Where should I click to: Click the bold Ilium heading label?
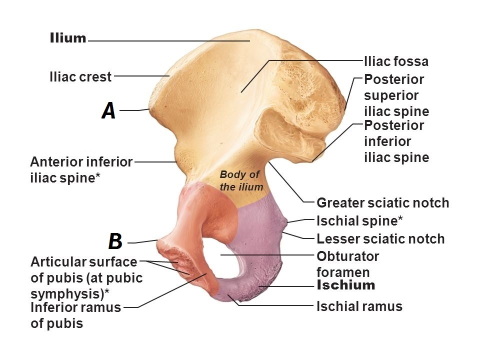pyautogui.click(x=68, y=38)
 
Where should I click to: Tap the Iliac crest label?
pyautogui.click(x=80, y=77)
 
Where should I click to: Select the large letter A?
pyautogui.click(x=108, y=110)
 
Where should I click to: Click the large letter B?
pyautogui.click(x=115, y=241)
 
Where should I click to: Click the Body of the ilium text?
pyautogui.click(x=240, y=180)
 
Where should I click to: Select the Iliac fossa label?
pyautogui.click(x=396, y=61)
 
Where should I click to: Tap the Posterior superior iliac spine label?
pyautogui.click(x=396, y=95)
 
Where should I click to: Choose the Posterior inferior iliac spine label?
pyautogui.click(x=396, y=141)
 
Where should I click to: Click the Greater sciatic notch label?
pyautogui.click(x=383, y=203)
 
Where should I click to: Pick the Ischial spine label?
pyautogui.click(x=360, y=220)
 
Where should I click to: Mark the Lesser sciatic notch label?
pyautogui.click(x=380, y=239)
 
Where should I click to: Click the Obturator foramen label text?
pyautogui.click(x=348, y=264)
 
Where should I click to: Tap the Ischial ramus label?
pyautogui.click(x=359, y=306)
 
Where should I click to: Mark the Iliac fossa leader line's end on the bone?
pyautogui.click(x=241, y=91)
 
